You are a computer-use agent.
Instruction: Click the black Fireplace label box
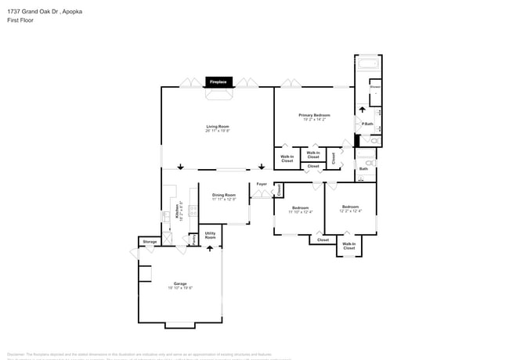pyautogui.click(x=218, y=81)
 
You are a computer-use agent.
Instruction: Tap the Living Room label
pyautogui.click(x=218, y=128)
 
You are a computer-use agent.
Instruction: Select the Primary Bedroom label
pyautogui.click(x=314, y=116)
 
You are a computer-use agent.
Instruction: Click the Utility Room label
pyautogui.click(x=210, y=235)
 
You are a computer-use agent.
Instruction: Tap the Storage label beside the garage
pyautogui.click(x=150, y=242)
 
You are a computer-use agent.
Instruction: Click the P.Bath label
pyautogui.click(x=366, y=124)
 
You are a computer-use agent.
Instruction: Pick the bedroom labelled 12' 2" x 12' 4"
pyautogui.click(x=350, y=209)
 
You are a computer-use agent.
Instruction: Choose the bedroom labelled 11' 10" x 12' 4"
pyautogui.click(x=300, y=210)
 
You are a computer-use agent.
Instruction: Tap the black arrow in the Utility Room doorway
pyautogui.click(x=210, y=248)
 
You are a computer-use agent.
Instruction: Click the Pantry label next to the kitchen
pyautogui.click(x=184, y=238)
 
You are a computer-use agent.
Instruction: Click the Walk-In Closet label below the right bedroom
pyautogui.click(x=348, y=246)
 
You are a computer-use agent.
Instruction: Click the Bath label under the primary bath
pyautogui.click(x=363, y=168)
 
